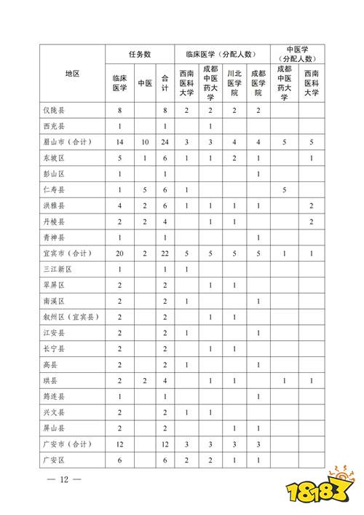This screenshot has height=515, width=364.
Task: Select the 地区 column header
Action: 71,74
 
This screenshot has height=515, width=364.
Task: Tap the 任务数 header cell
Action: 140,54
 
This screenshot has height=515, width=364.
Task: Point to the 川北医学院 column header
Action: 234,83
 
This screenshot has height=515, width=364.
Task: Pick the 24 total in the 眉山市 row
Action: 165,142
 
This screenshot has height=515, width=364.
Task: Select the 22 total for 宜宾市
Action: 165,253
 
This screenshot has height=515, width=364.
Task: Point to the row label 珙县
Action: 49,380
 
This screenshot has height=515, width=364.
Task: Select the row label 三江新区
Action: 55,269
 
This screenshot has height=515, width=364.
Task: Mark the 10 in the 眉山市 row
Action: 144,142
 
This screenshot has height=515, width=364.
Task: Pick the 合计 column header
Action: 165,83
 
